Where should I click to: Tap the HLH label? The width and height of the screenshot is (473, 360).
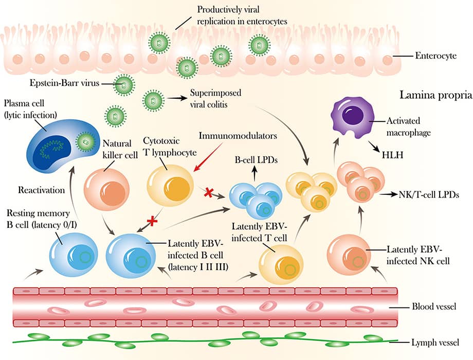(x=392, y=155)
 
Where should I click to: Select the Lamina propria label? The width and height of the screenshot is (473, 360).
(x=436, y=95)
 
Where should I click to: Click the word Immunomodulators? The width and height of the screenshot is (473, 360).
(x=238, y=136)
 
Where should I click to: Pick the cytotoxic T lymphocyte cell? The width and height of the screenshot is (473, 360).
(x=170, y=186)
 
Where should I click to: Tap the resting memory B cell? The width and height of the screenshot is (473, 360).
(x=74, y=254)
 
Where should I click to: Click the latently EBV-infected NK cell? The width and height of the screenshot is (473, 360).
(x=349, y=255)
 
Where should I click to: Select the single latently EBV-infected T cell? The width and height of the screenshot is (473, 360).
(x=281, y=264)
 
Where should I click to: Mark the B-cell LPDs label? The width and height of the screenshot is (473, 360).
(x=256, y=159)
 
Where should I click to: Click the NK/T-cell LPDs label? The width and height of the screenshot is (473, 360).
(x=429, y=194)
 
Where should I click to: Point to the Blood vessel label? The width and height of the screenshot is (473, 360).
(x=434, y=307)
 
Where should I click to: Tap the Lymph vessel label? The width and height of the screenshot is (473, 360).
(x=435, y=343)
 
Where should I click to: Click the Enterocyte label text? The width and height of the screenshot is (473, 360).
(x=436, y=56)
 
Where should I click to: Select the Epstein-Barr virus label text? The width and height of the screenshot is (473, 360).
(x=65, y=83)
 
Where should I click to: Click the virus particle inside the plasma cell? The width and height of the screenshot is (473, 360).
(x=86, y=141)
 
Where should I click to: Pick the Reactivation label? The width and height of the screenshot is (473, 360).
(x=41, y=190)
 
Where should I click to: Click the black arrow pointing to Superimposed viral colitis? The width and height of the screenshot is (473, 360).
(x=175, y=98)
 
